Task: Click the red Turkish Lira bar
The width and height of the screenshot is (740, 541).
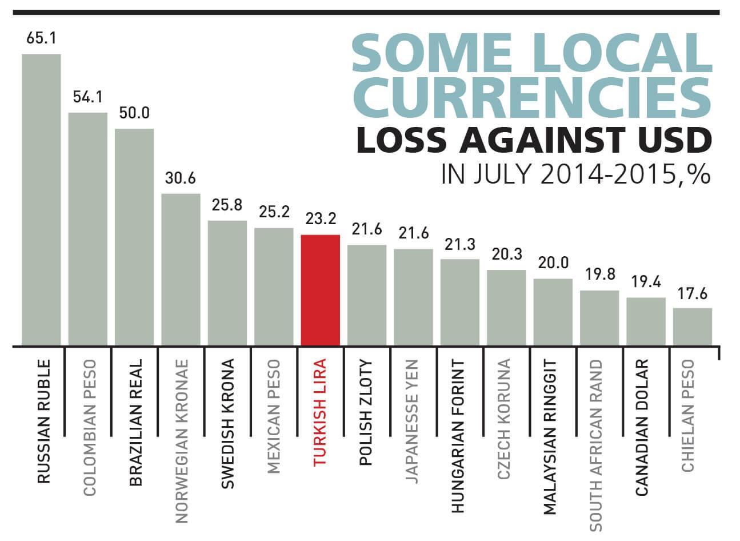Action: tap(320, 290)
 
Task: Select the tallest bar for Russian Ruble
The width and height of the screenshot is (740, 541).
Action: tap(41, 200)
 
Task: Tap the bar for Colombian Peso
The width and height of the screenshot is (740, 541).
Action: tap(87, 229)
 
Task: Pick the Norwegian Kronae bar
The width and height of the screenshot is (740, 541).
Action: tap(181, 269)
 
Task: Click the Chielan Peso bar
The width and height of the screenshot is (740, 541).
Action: tap(692, 327)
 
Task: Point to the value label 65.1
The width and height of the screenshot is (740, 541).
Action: tap(41, 39)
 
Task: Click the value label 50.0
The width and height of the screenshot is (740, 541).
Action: tap(134, 113)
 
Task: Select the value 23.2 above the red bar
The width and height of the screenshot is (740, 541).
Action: tap(321, 219)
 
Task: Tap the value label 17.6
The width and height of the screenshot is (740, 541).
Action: tap(693, 294)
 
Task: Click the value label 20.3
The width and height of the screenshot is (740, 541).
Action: tap(506, 253)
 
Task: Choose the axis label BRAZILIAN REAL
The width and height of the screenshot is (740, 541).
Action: tap(135, 423)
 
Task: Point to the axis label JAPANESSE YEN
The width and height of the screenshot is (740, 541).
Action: tap(413, 421)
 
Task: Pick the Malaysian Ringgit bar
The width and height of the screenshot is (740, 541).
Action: tap(553, 312)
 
